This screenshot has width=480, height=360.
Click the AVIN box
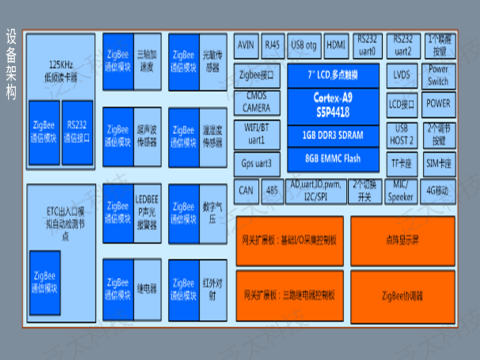246,45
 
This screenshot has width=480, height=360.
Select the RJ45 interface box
273,45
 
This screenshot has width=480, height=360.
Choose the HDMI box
336,45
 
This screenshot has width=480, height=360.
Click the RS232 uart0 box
367,45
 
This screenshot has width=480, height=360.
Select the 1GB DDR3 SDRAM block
333,135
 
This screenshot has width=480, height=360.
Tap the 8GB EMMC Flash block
333,159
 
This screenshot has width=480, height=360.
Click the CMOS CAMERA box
257,103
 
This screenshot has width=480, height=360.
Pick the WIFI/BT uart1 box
257,134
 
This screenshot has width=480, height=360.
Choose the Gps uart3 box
257,163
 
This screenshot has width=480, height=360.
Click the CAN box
246,191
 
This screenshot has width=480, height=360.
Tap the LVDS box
402,75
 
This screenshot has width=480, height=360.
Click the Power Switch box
438,75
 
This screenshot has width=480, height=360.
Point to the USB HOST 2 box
402,134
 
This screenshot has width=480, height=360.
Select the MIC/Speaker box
401,191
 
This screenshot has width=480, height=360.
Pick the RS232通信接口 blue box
77,133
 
